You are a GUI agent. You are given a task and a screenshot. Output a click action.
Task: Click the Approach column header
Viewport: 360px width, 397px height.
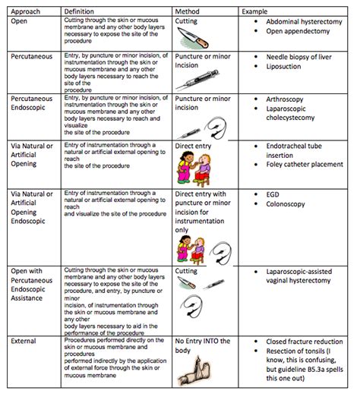click(26, 12)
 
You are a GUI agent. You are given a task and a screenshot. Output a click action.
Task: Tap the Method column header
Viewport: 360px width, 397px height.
click(187, 12)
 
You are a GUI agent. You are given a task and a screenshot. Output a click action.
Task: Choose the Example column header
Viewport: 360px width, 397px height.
click(254, 12)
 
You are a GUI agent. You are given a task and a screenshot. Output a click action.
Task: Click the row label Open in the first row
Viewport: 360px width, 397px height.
click(20, 20)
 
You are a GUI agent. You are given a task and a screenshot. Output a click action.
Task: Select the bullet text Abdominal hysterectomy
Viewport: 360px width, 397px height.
click(304, 24)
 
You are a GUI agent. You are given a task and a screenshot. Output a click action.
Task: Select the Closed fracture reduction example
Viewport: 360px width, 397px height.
click(306, 343)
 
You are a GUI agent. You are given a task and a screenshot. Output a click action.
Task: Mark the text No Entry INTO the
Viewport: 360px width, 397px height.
click(205, 342)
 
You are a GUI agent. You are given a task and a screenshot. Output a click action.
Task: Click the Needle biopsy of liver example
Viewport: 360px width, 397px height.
click(303, 58)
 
